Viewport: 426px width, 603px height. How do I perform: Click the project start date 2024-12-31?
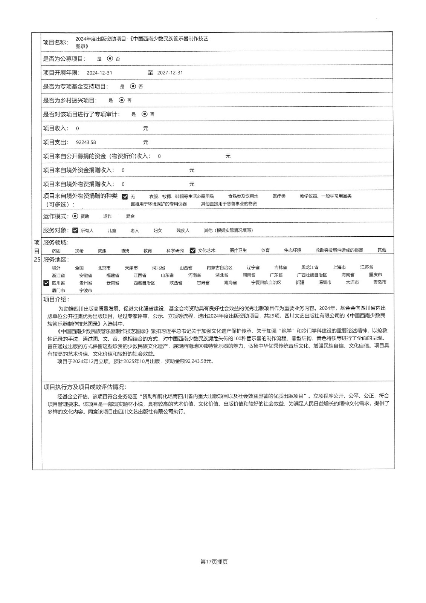coord(99,73)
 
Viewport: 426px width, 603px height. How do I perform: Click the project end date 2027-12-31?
coord(170,73)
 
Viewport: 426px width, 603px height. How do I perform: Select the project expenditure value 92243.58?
coord(86,142)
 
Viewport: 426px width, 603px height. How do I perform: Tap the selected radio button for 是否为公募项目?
coord(110,58)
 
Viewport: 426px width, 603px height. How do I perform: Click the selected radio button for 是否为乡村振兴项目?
coord(121,100)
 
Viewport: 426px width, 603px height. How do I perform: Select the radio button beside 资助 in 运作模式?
coord(75,216)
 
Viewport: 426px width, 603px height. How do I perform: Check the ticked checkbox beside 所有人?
coord(75,230)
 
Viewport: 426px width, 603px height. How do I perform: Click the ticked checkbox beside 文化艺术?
coord(193,250)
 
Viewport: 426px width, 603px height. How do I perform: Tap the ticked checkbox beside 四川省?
coord(46,283)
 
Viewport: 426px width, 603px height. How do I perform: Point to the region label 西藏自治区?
coord(144,283)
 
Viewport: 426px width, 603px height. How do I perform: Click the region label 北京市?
coord(104,268)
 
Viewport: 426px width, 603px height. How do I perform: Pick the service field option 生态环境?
coord(292,250)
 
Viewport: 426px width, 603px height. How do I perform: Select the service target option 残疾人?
coord(183,230)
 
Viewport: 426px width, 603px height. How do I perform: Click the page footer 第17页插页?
coord(214,562)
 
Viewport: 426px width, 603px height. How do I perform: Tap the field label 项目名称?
coord(55,42)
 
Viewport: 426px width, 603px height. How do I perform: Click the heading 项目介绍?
coord(56,299)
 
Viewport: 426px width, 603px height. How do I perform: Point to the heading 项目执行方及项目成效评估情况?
coord(85,387)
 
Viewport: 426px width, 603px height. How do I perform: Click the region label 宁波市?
coord(86,291)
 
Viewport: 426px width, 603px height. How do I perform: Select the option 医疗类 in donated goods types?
coord(279,196)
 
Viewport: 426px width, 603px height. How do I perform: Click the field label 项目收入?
coord(55,129)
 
